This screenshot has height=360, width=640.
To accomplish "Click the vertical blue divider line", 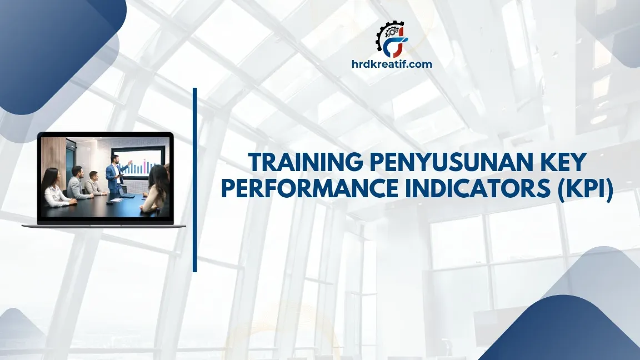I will tap(195, 179).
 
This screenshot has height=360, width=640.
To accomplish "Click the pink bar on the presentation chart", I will tap(144, 165).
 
